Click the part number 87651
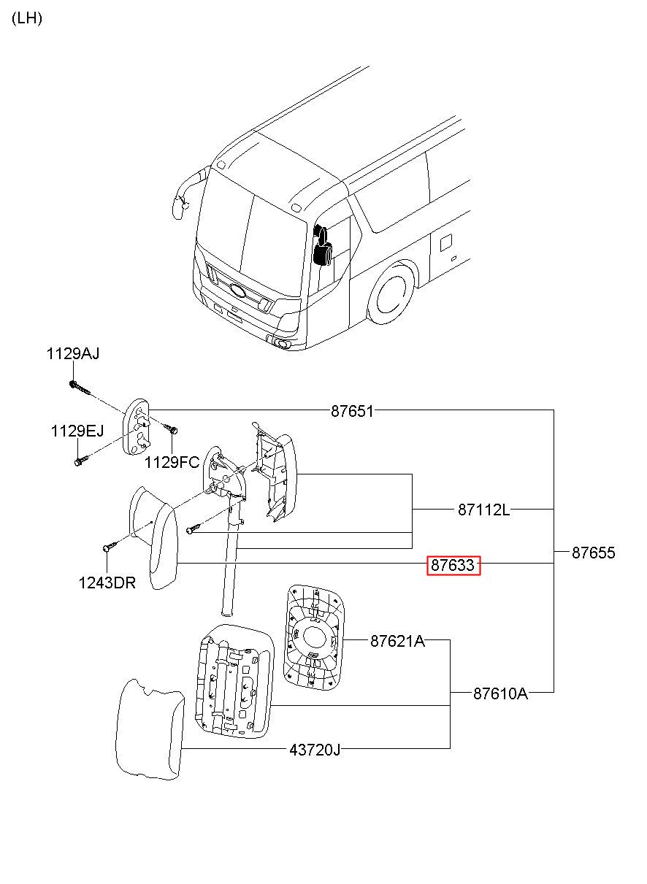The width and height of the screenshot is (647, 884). (x=352, y=411)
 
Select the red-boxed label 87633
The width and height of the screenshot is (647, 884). (x=453, y=565)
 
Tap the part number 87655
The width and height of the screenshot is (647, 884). (x=593, y=553)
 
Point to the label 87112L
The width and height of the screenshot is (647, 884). (x=483, y=510)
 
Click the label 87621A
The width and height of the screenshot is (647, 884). (x=397, y=641)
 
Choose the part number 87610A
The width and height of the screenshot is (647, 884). (x=500, y=693)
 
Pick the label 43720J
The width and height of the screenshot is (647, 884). (x=315, y=750)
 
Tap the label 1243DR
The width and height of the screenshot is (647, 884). (x=107, y=583)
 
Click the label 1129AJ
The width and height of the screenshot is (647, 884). (x=73, y=353)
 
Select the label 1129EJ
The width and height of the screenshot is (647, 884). (x=77, y=431)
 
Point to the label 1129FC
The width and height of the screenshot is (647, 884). (x=172, y=462)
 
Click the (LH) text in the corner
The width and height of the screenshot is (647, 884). (x=27, y=18)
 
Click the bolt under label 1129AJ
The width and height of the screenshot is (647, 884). (x=80, y=388)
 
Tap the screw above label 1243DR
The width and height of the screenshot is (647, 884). (x=110, y=547)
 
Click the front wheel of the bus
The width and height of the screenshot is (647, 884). (x=391, y=296)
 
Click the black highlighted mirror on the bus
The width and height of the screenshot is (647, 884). (x=323, y=245)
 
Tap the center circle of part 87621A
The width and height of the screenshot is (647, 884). (x=315, y=638)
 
